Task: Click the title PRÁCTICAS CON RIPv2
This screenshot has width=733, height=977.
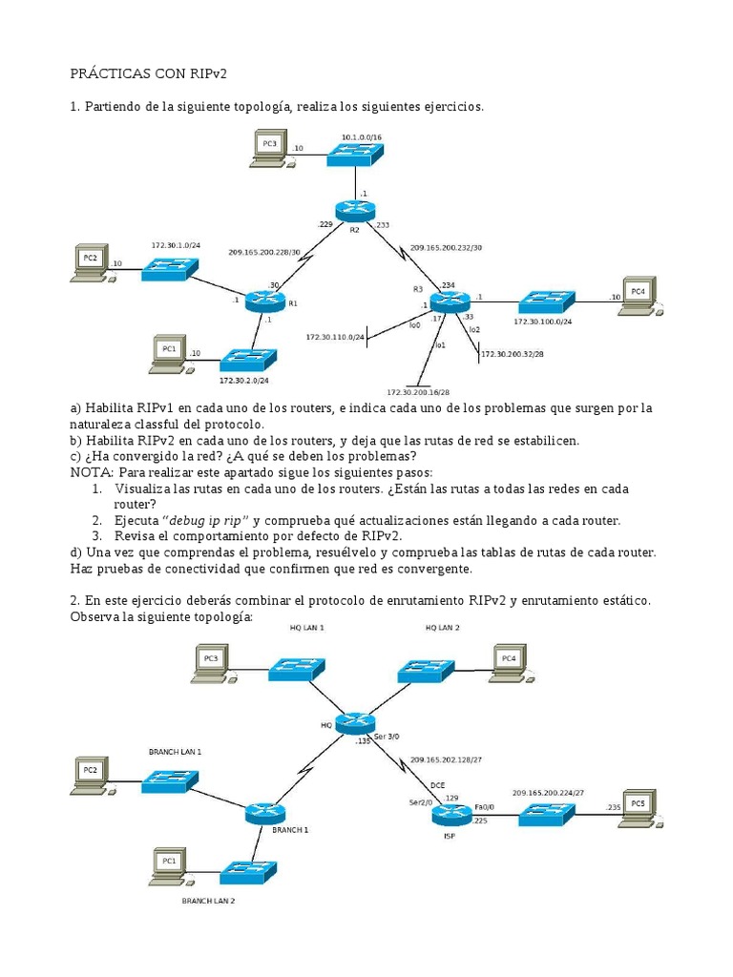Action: [150, 73]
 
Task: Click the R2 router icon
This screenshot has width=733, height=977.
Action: [355, 211]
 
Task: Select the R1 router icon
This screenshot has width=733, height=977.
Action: [264, 301]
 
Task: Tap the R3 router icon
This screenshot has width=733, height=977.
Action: [450, 301]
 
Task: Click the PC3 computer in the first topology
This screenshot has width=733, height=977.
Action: [268, 150]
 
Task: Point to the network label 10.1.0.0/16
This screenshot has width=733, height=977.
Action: [362, 137]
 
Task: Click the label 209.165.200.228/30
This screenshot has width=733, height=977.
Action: [263, 252]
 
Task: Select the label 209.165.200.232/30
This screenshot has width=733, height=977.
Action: [446, 247]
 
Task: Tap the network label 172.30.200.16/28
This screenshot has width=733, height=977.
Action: [418, 392]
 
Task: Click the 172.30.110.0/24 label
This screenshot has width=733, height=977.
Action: [335, 337]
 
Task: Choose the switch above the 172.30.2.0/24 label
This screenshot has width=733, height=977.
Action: [248, 360]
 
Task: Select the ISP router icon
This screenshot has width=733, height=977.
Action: [450, 814]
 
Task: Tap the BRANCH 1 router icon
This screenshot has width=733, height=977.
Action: [265, 814]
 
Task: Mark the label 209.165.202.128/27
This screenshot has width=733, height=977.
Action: [447, 760]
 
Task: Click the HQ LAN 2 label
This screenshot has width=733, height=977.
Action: [442, 628]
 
